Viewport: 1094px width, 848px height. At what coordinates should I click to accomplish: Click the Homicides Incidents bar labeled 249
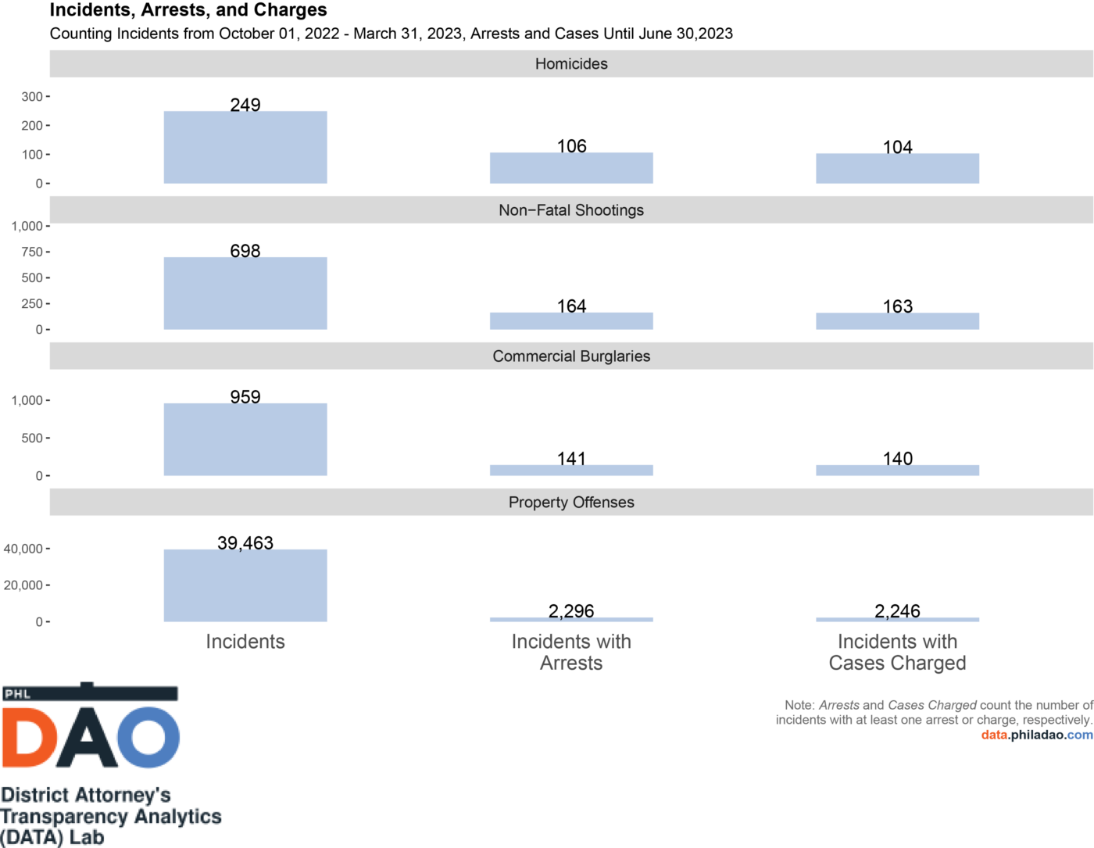245,148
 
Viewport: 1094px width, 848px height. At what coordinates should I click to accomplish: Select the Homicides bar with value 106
571,168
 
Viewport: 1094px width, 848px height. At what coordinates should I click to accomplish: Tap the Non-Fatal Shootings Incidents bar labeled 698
245,293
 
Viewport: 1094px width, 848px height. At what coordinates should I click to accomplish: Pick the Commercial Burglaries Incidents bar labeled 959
245,439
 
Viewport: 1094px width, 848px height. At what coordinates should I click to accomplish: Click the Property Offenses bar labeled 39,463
245,585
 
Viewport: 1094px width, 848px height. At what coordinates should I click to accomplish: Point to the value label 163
897,306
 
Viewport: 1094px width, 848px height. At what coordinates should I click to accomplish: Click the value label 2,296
571,610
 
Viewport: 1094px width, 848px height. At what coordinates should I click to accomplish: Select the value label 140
897,458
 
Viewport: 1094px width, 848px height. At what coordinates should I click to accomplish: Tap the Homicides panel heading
571,64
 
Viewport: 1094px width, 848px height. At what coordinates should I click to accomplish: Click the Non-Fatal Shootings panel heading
571,210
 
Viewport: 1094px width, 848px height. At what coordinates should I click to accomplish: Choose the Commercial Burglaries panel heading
571,356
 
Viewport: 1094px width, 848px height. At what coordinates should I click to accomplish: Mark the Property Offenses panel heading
571,503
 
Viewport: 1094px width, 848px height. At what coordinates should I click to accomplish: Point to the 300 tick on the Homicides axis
32,97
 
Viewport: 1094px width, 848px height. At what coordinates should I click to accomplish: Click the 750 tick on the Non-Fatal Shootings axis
32,252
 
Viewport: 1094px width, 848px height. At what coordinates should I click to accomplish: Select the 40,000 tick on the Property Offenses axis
23,549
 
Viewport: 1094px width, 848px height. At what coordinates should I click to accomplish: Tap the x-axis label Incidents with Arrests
571,652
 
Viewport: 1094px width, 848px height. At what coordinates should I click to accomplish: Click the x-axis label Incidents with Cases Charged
897,652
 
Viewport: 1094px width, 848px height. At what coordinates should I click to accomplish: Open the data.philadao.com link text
1037,735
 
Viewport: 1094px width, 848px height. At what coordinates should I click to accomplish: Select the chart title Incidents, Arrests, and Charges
188,10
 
